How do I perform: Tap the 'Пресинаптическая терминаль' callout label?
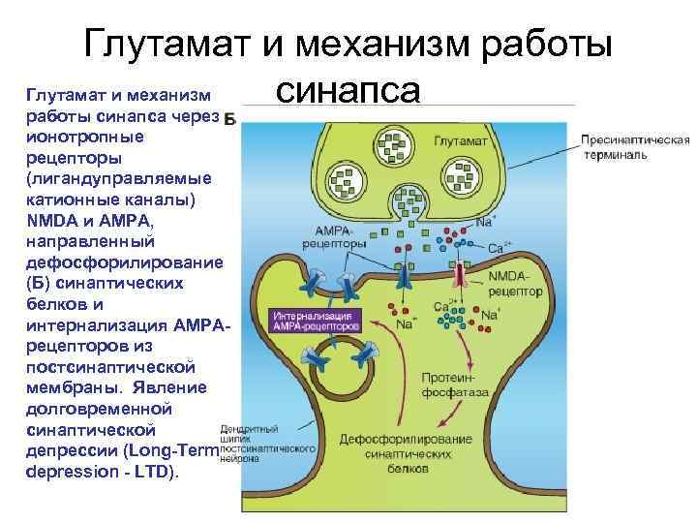(x=635, y=147)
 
